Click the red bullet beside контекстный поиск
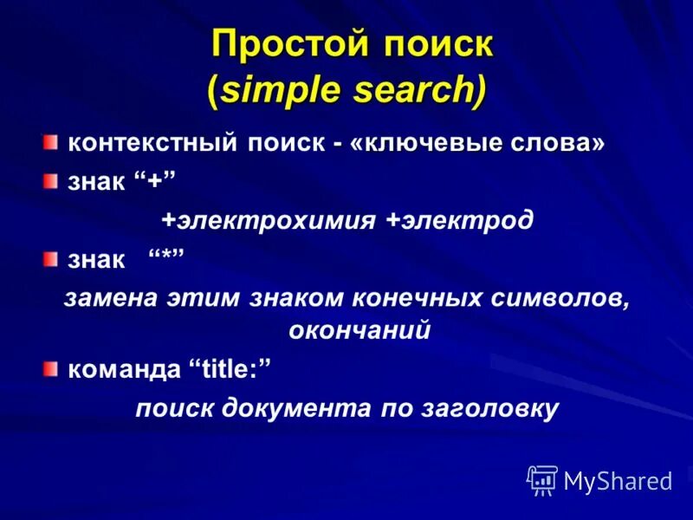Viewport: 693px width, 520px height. tap(52, 141)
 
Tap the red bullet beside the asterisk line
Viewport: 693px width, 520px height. tap(52, 257)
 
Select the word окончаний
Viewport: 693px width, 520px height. tap(359, 330)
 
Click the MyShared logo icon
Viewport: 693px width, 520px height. tap(542, 480)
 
